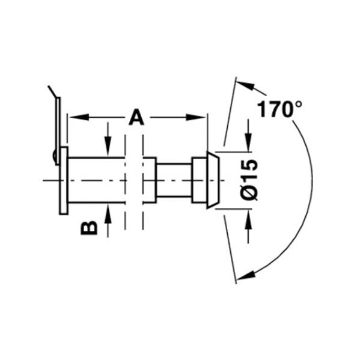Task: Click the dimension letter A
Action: (x=136, y=117)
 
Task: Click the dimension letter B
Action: (x=89, y=228)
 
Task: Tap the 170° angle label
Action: (x=279, y=109)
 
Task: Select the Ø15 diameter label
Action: (x=249, y=180)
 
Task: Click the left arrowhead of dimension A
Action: (x=79, y=117)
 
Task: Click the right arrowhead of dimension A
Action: (x=195, y=117)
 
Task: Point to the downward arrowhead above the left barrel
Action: (x=108, y=146)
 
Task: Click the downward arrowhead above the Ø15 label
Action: (x=248, y=142)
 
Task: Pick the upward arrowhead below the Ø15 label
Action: (x=248, y=219)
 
